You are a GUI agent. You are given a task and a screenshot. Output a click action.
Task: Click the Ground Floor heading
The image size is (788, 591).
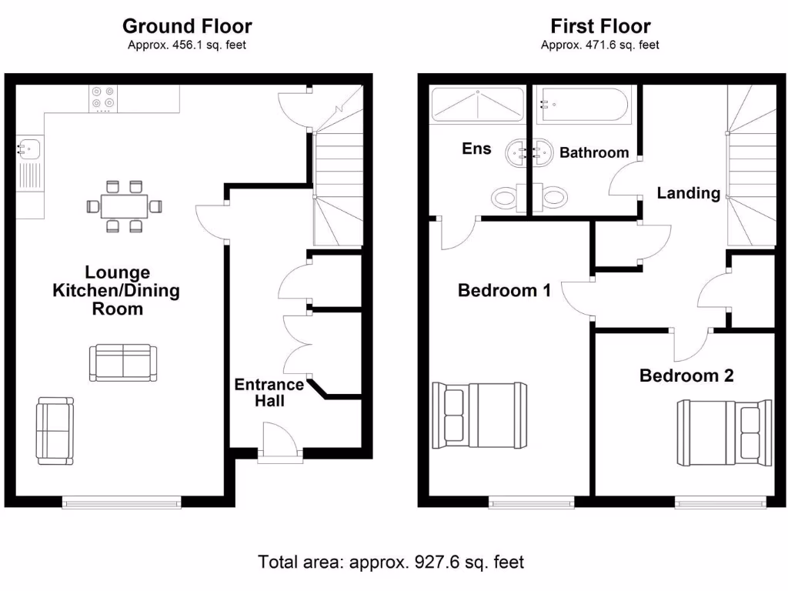point(187,27)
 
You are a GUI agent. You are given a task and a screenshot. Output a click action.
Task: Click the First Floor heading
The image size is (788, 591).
point(600,27)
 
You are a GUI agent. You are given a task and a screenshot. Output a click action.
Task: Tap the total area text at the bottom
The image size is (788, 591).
point(391,562)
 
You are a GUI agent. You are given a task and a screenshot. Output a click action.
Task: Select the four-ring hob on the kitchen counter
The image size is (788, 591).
point(102,97)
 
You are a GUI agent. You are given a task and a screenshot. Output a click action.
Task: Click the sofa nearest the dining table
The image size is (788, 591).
point(123,363)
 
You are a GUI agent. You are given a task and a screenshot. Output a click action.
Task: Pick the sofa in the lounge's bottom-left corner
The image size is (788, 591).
point(55,431)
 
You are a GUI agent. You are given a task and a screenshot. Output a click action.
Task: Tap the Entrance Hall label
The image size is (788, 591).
point(269,392)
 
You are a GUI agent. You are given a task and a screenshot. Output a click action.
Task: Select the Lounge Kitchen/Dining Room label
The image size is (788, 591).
point(118,291)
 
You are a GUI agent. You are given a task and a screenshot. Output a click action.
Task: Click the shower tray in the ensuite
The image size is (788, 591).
point(477,105)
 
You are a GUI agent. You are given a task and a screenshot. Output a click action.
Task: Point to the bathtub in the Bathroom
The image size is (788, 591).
point(583,105)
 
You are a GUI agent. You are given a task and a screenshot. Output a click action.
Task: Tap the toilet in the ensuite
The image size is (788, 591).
point(505,198)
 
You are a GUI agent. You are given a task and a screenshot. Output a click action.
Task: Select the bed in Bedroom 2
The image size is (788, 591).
point(723,433)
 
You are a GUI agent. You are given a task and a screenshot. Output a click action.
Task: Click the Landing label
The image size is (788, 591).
point(688,193)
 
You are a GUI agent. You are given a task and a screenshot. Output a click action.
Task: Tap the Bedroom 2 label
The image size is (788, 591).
point(686,376)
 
